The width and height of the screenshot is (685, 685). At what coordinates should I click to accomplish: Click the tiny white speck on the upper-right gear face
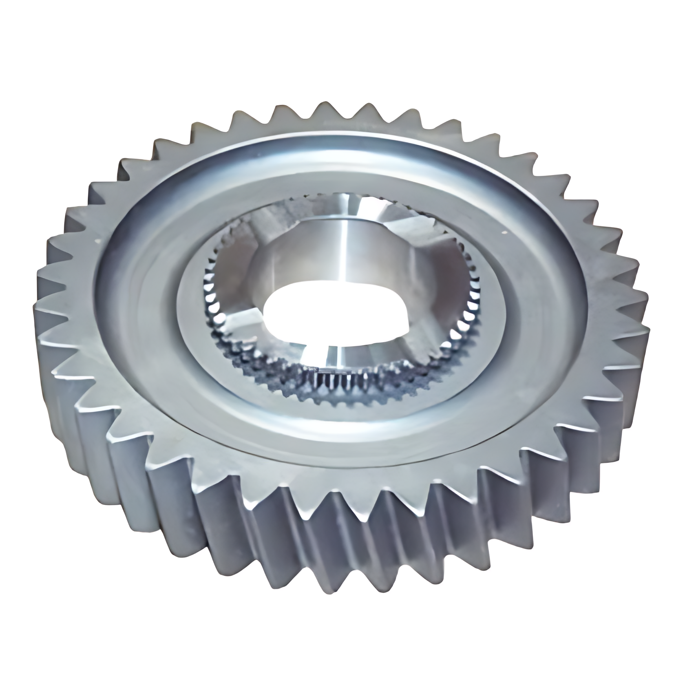(x=505, y=233)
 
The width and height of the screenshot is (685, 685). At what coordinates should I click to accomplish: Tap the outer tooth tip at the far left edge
(x=41, y=281)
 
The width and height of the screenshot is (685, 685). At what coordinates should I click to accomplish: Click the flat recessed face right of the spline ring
(x=526, y=302)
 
